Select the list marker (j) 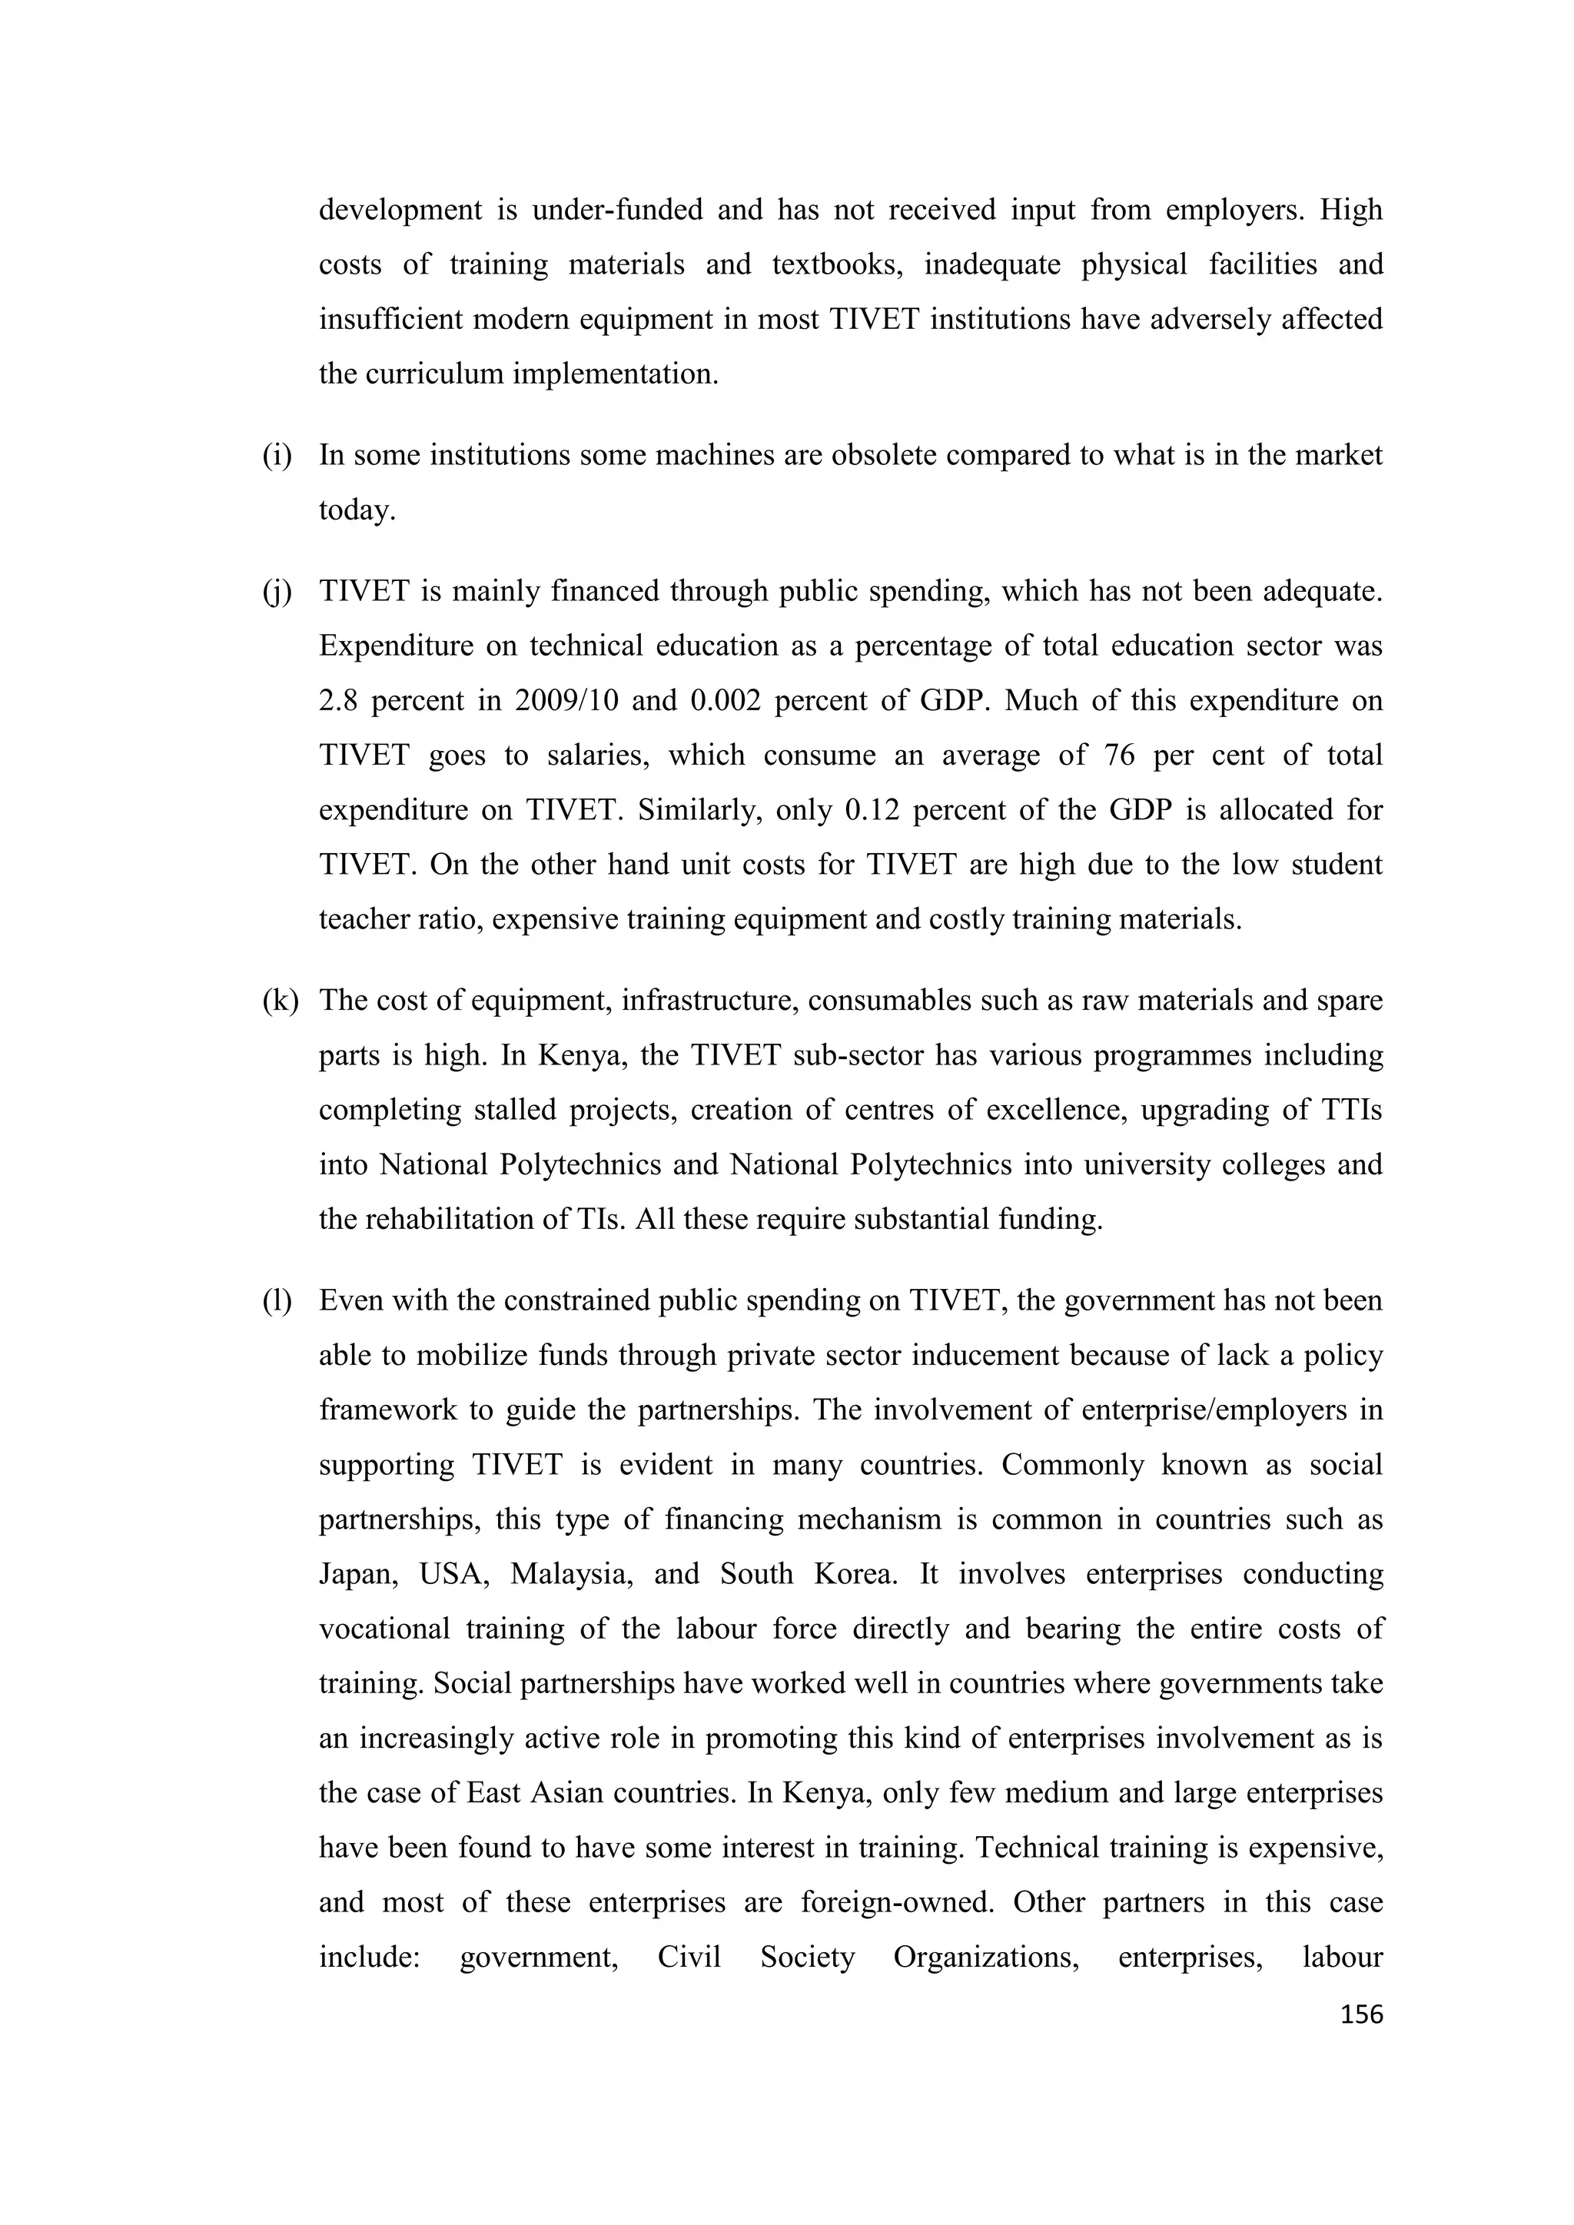pos(277,591)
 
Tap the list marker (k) pos(280,1000)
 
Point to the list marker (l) pos(277,1300)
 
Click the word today pos(357,510)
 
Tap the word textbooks pos(838,264)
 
